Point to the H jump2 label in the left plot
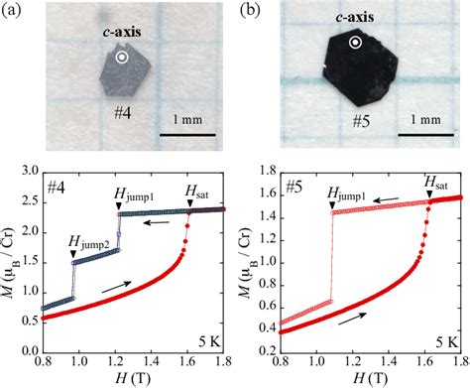tap(90, 238)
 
